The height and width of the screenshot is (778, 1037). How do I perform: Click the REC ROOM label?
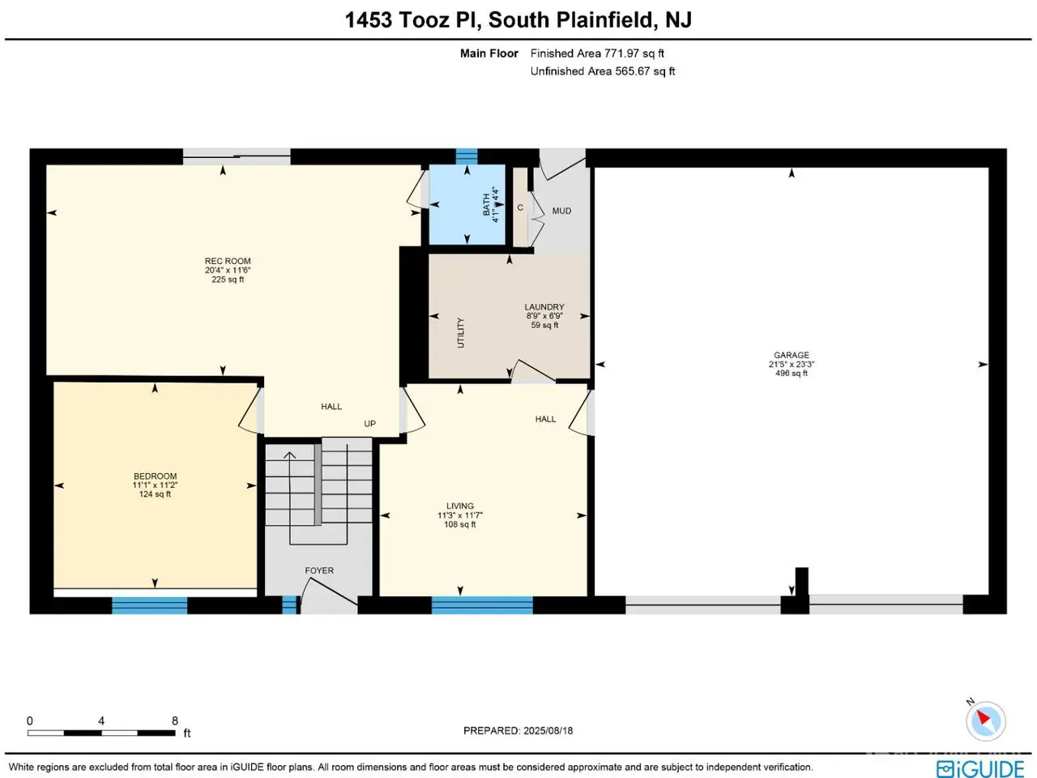227,261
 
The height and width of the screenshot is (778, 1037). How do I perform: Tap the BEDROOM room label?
155,477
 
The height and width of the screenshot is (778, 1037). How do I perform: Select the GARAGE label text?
792,355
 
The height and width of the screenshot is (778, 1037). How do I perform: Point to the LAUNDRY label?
544,306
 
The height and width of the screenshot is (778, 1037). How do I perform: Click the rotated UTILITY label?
461,333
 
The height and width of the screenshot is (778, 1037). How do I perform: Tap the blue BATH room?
467,204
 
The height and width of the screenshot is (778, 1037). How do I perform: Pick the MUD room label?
561,211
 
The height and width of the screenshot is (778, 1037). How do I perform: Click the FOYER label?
319,571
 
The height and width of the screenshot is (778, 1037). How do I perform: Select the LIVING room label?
459,506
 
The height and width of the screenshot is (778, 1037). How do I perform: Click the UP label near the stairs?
370,424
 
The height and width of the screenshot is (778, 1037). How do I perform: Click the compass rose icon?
985,720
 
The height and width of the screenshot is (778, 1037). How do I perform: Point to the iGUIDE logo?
980,768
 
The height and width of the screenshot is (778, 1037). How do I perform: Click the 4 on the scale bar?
101,720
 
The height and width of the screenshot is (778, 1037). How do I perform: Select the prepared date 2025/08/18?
548,730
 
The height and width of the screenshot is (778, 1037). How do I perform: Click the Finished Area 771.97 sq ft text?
597,53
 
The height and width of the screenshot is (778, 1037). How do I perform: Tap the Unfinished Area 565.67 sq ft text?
603,71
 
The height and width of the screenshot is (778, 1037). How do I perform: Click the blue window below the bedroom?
149,605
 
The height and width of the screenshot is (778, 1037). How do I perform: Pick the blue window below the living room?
482,605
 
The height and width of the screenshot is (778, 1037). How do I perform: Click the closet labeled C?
520,207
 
